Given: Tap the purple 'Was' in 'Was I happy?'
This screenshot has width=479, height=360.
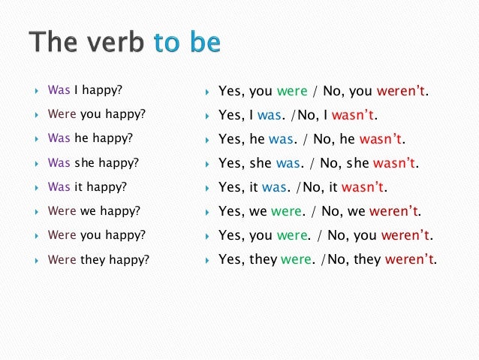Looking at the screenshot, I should (x=59, y=90).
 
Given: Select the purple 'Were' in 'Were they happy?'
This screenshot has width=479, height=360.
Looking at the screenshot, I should (x=62, y=259).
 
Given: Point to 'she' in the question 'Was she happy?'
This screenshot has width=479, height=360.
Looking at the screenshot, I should (x=84, y=162).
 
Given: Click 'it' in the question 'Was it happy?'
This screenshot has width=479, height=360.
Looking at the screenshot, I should (x=78, y=186).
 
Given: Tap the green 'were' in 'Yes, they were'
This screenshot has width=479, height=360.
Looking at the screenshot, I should (x=295, y=260).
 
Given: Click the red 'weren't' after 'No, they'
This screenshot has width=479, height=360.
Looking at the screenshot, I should (x=411, y=260).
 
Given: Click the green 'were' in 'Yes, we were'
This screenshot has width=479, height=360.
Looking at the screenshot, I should (x=288, y=212).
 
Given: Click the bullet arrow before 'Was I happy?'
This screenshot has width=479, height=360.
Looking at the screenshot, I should (x=36, y=91).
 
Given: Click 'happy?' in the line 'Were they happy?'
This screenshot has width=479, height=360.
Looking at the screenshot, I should (x=131, y=260).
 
